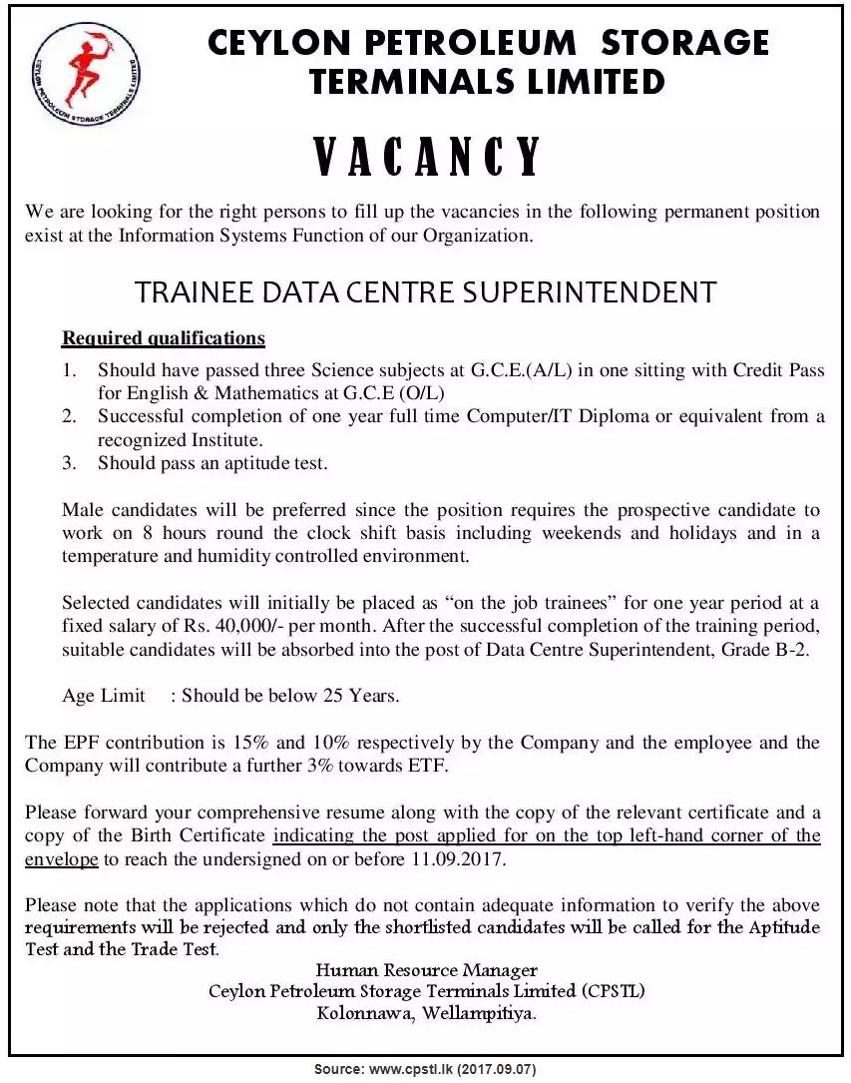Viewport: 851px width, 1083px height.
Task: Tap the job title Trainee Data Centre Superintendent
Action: (425, 292)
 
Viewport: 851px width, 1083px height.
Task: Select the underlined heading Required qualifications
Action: (164, 338)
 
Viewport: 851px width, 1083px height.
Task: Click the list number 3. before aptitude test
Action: (69, 463)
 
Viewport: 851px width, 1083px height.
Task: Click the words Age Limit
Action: (104, 696)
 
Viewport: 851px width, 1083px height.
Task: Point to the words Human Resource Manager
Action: (427, 970)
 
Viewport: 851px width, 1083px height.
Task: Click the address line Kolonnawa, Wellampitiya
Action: (427, 1014)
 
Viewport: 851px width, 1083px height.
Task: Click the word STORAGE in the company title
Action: (685, 43)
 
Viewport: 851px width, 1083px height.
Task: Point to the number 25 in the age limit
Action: (333, 696)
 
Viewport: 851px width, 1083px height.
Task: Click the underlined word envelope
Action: (62, 859)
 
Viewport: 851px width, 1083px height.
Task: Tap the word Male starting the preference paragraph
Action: (82, 510)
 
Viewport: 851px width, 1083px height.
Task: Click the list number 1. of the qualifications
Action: (69, 370)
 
